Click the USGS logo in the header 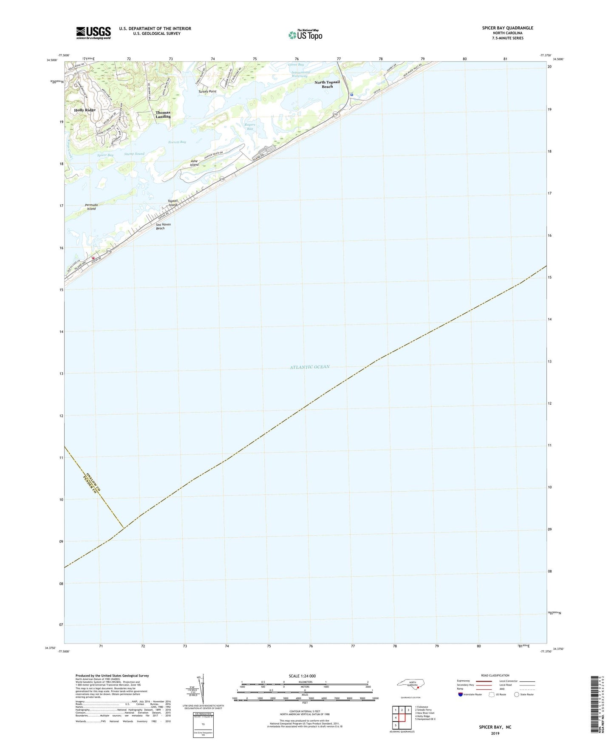click(93, 33)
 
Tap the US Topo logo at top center click(305, 34)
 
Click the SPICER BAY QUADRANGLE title click(507, 28)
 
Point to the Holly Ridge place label click(85, 110)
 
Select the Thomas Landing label click(163, 115)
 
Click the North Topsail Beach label click(327, 84)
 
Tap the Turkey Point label click(207, 91)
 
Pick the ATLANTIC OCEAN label click(310, 367)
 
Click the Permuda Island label click(91, 207)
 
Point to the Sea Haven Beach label click(163, 226)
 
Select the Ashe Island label click(194, 163)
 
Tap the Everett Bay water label click(177, 142)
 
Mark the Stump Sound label click(134, 154)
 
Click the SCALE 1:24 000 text click(302, 676)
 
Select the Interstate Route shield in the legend click(461, 694)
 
